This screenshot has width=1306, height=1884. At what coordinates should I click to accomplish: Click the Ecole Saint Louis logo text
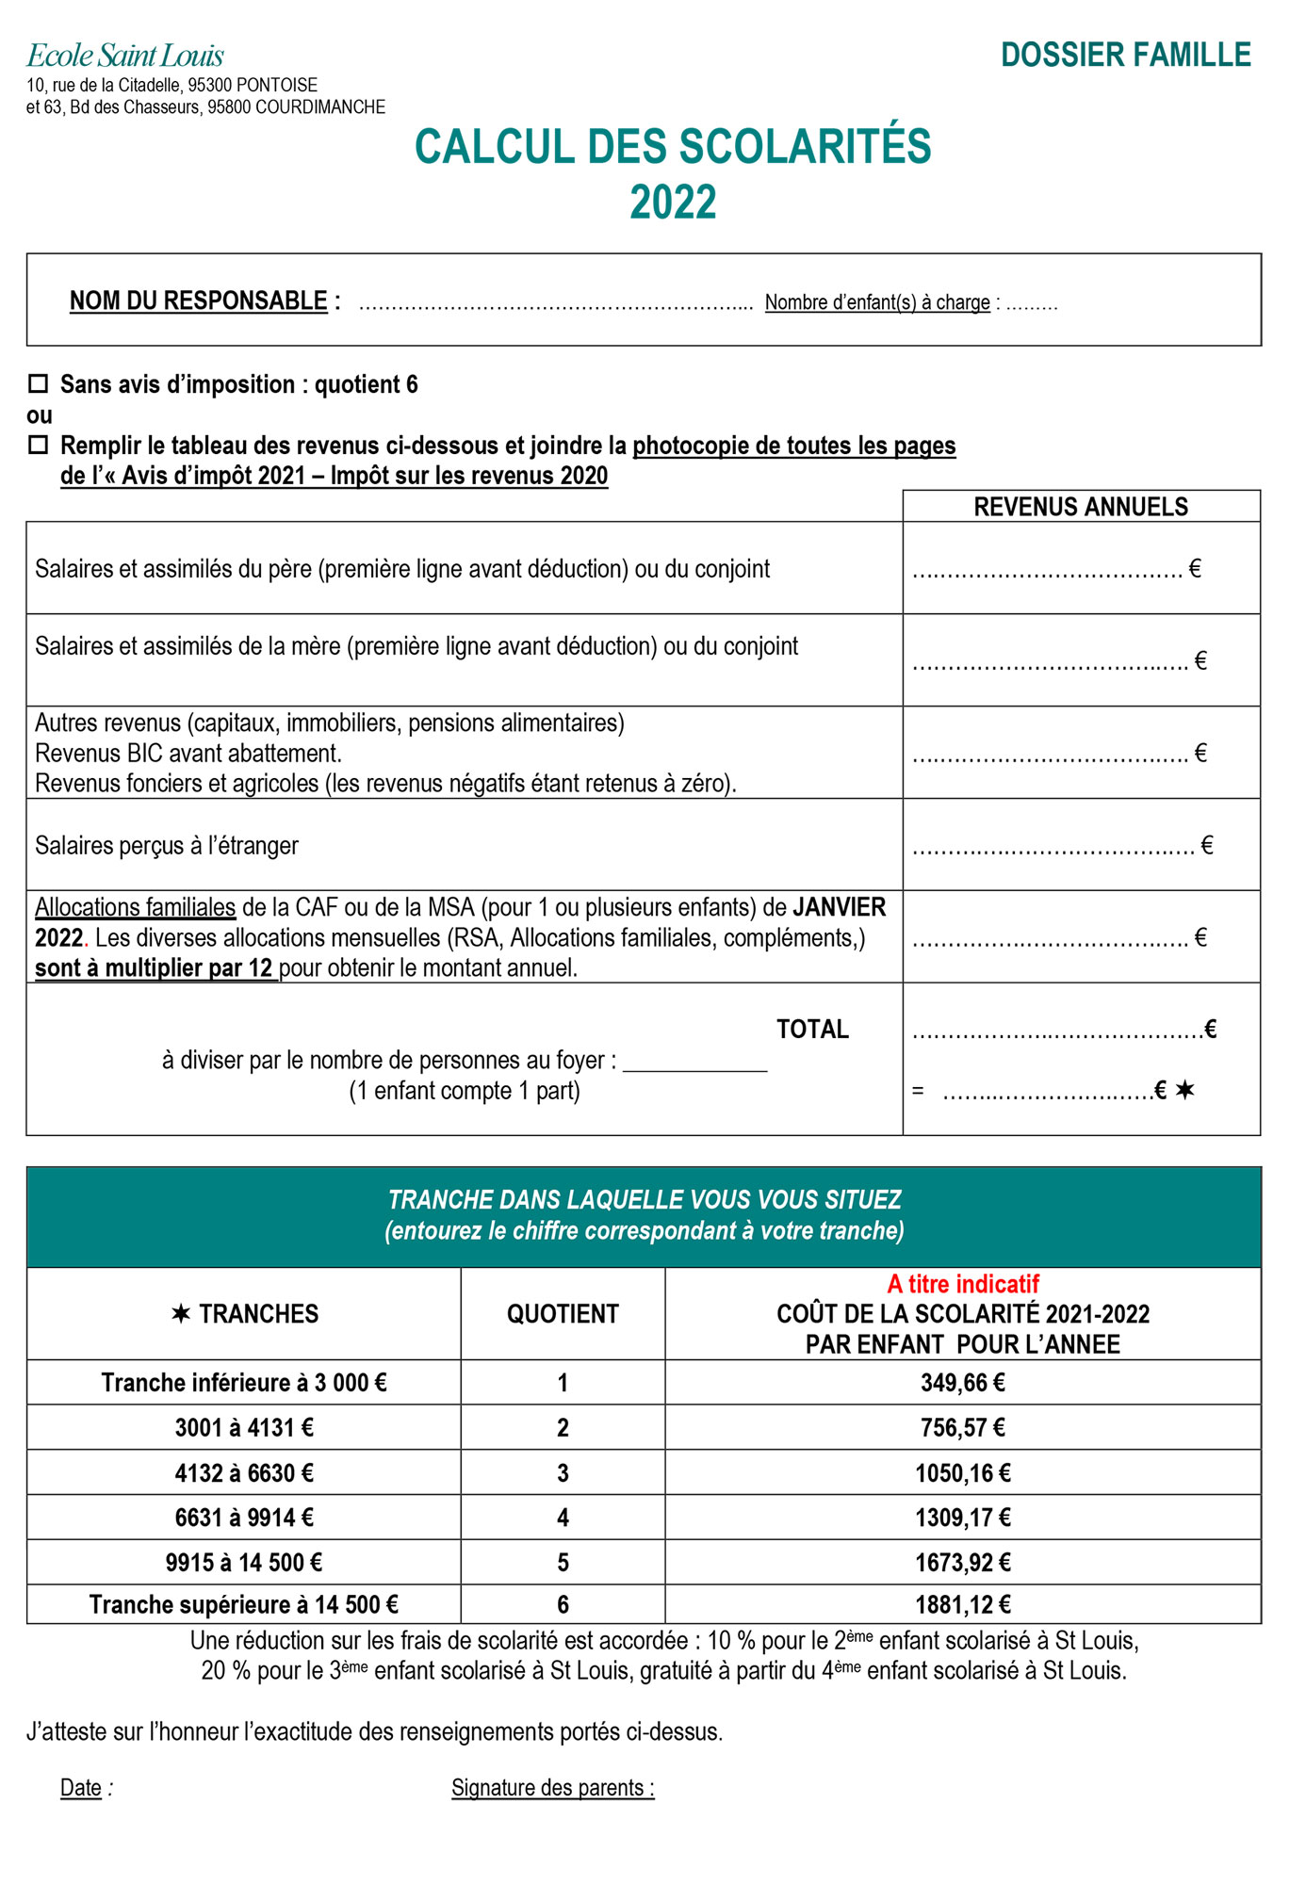point(125,56)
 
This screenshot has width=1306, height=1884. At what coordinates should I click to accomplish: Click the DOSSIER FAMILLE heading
point(1125,56)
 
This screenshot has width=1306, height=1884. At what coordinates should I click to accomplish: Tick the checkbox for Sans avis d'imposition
point(39,384)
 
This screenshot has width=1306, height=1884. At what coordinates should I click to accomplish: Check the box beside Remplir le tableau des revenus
point(39,446)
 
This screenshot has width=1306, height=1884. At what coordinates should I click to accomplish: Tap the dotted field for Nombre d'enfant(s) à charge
point(1032,304)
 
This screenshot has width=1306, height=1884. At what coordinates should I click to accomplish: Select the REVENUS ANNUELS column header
point(1080,507)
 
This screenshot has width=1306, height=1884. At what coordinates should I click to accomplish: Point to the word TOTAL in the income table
point(812,1030)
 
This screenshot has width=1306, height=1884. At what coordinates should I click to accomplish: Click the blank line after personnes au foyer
point(695,1064)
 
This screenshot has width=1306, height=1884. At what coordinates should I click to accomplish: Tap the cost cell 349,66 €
point(962,1383)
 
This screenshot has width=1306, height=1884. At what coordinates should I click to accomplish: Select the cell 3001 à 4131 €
point(244,1428)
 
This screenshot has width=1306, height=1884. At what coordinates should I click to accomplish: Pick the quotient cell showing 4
point(563,1518)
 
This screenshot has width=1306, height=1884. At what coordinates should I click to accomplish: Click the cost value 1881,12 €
point(962,1604)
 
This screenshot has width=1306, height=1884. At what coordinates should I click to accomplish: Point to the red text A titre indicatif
point(962,1284)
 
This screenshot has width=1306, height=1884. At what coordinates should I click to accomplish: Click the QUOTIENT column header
point(563,1314)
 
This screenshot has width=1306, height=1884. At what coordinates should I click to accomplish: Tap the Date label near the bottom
point(81,1788)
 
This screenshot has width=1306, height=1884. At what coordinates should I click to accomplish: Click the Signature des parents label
point(552,1788)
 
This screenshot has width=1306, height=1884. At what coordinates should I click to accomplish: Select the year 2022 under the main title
point(673,203)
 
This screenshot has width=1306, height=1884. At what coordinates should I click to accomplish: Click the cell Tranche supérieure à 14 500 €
point(244,1604)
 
